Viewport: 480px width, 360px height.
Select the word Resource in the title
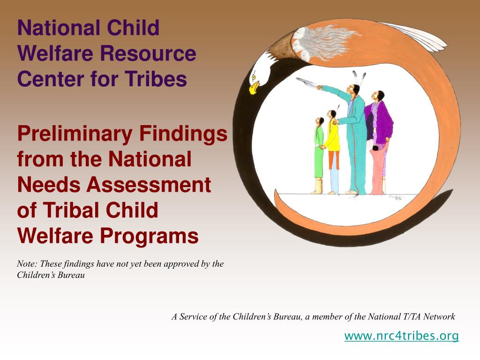148,53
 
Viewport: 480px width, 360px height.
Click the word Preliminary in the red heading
75,135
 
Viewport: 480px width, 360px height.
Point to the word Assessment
149,185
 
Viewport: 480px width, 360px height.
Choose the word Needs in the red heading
50,185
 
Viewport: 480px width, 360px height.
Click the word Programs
150,237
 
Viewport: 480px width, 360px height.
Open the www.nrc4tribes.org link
402,336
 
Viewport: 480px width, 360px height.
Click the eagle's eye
254,77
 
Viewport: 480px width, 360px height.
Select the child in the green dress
319,155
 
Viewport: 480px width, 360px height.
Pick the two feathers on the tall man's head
358,78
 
